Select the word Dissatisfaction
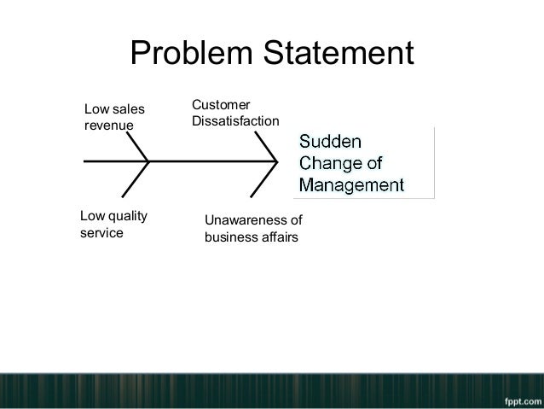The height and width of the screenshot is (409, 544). click(x=234, y=123)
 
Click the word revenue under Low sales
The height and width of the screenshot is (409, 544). click(x=109, y=127)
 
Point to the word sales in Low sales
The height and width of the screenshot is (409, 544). click(x=127, y=109)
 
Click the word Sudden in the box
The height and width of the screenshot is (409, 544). click(x=330, y=140)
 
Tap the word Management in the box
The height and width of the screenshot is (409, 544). click(x=351, y=184)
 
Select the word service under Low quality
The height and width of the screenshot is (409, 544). click(x=101, y=232)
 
